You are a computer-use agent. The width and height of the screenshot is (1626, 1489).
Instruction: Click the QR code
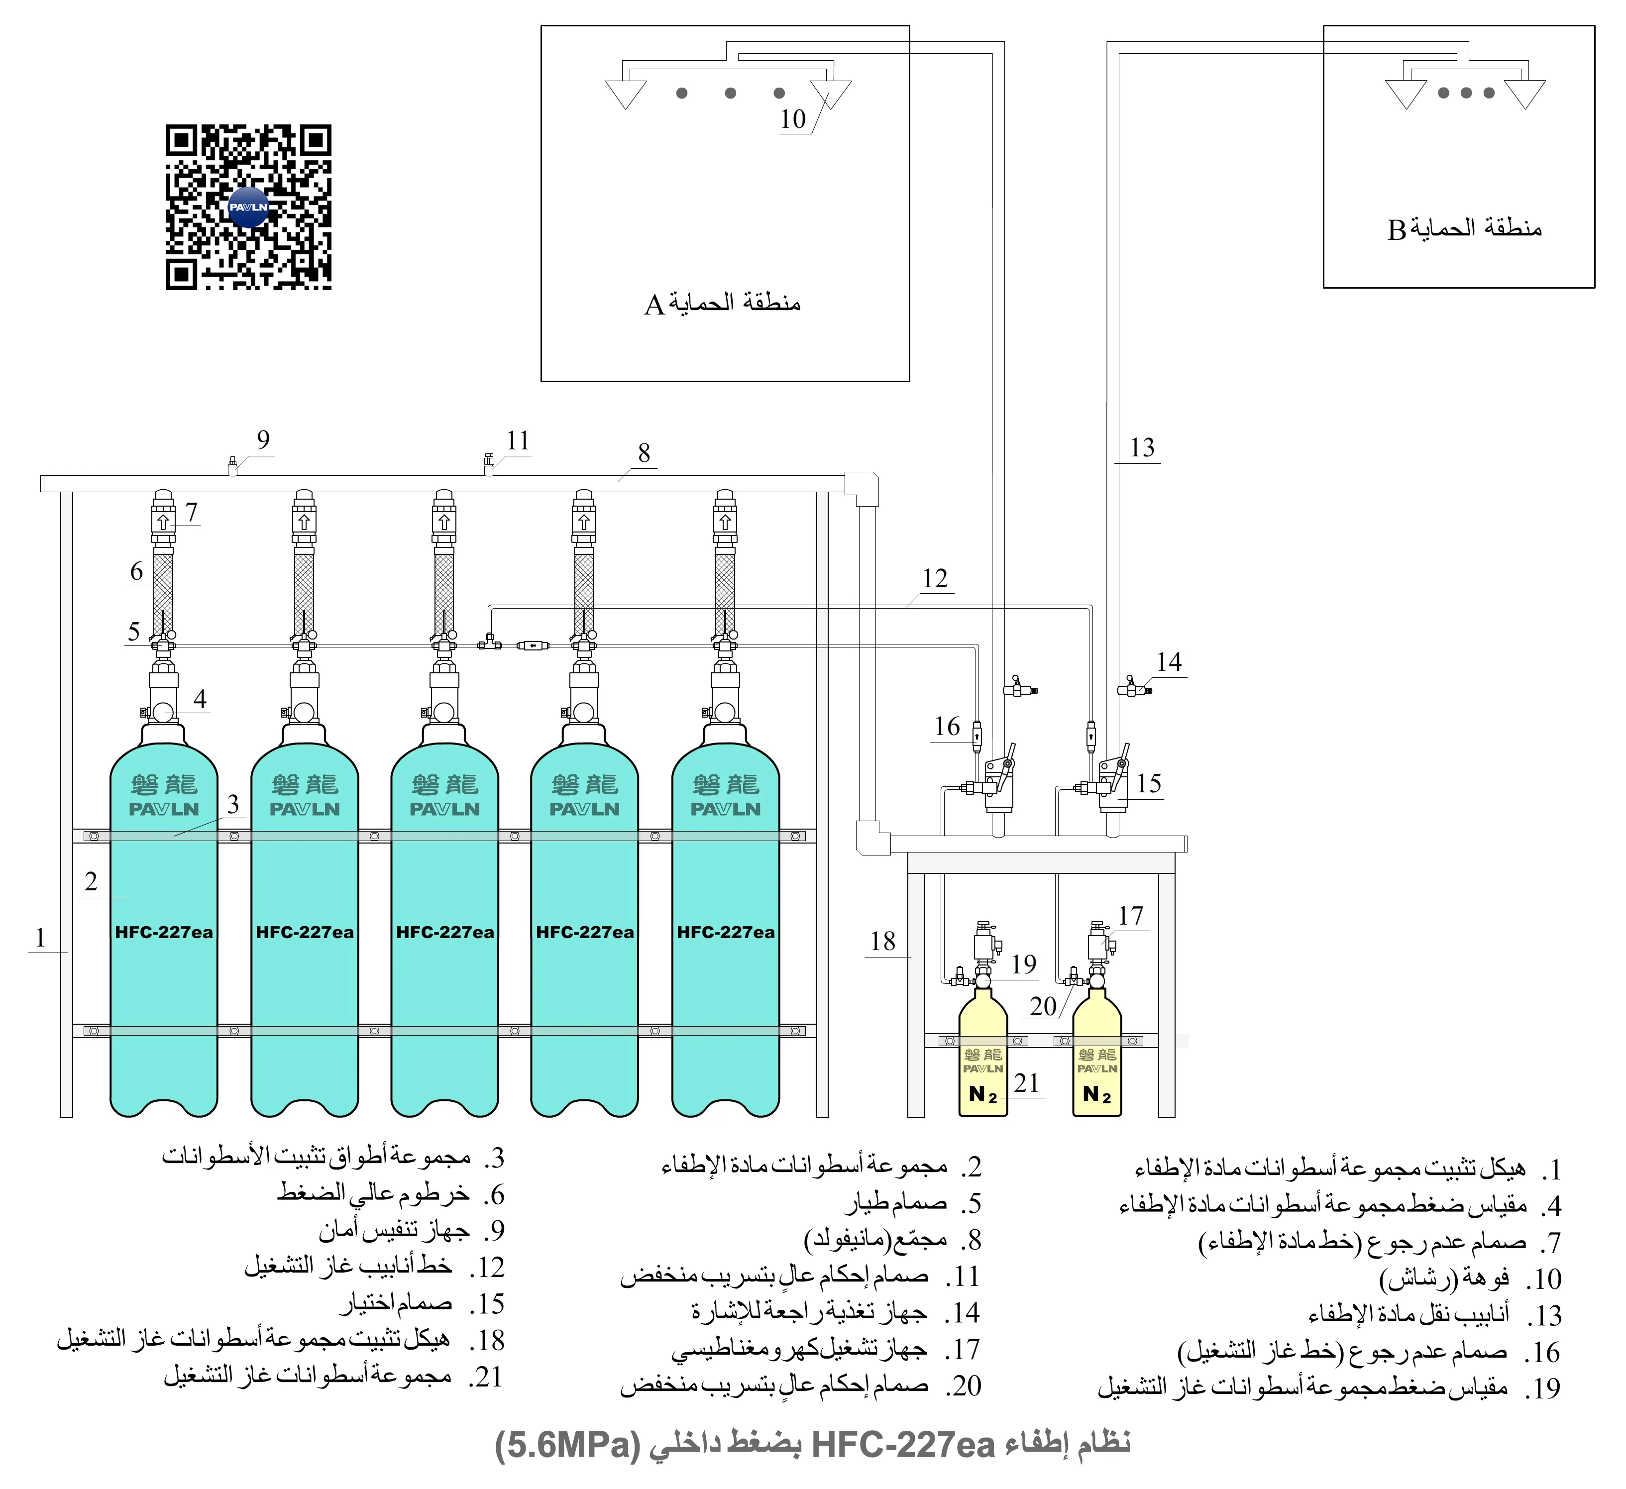(x=248, y=208)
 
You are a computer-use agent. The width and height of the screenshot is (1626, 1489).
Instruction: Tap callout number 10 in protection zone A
(x=793, y=119)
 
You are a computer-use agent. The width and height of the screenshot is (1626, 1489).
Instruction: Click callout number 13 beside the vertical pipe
(x=1142, y=448)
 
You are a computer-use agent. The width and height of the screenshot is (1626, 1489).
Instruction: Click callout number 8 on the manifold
(x=644, y=453)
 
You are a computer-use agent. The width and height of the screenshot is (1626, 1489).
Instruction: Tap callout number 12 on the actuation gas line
(x=935, y=578)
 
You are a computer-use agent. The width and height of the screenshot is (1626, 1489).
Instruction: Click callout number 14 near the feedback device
(x=1169, y=662)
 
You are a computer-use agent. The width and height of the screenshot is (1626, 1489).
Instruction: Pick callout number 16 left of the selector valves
(x=947, y=727)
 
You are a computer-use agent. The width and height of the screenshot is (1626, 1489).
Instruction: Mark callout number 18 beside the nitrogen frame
(x=882, y=941)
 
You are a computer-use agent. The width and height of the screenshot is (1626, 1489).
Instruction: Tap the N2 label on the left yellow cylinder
(x=983, y=1094)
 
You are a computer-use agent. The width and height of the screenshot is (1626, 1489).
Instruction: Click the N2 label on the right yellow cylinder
(x=1097, y=1094)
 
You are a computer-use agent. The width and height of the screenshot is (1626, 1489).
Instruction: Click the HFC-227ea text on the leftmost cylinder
(x=164, y=933)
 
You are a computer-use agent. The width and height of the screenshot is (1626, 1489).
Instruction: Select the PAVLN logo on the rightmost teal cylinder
(x=725, y=809)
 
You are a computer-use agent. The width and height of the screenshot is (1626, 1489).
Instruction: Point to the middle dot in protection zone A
(x=730, y=93)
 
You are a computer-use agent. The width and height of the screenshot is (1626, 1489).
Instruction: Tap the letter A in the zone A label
(x=654, y=305)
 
